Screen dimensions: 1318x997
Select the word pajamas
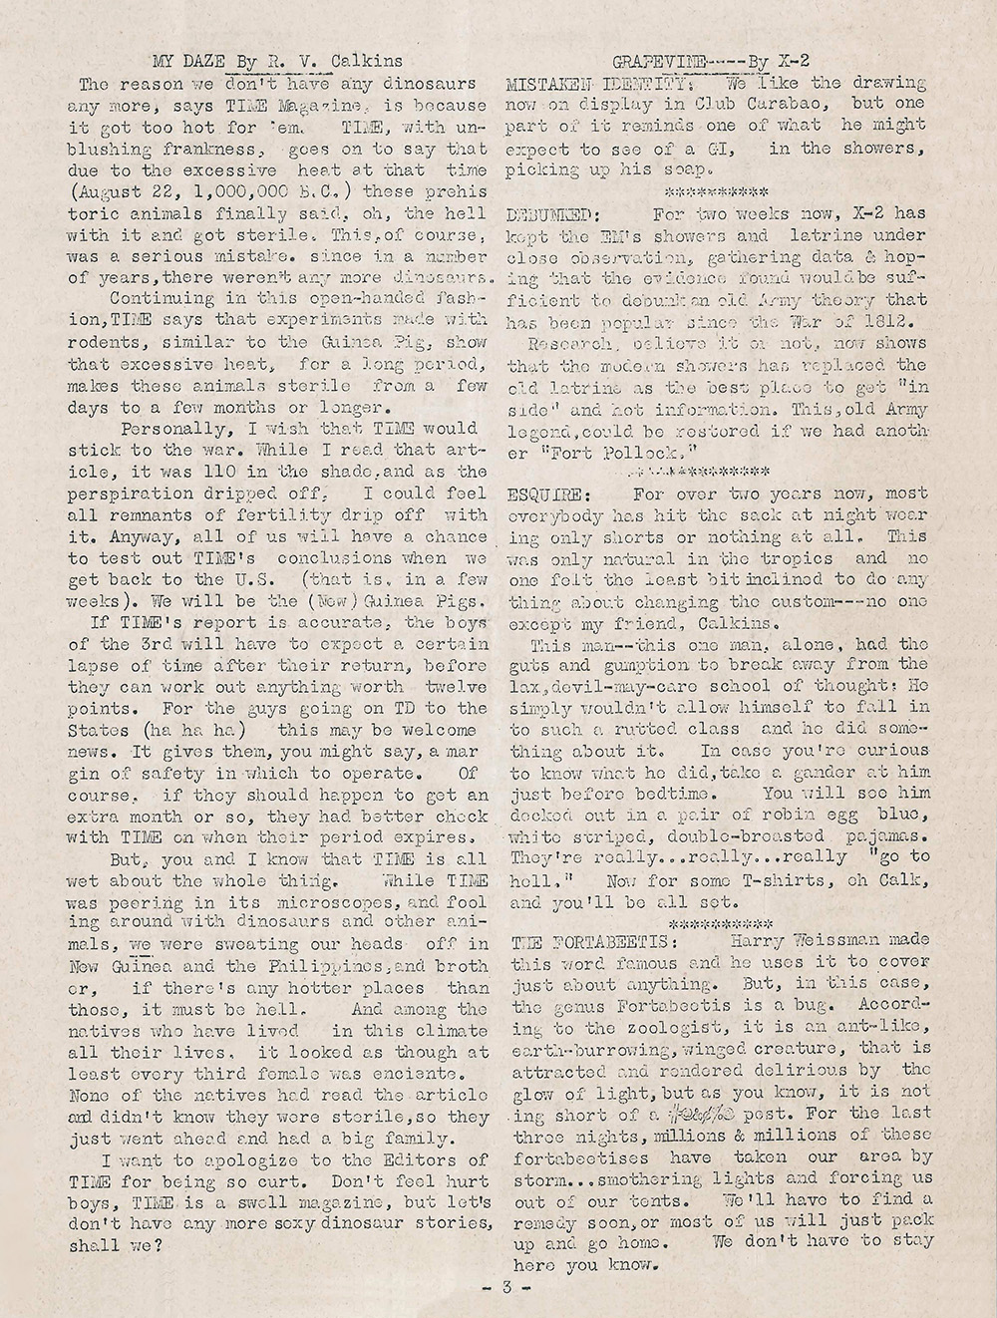(x=890, y=833)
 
